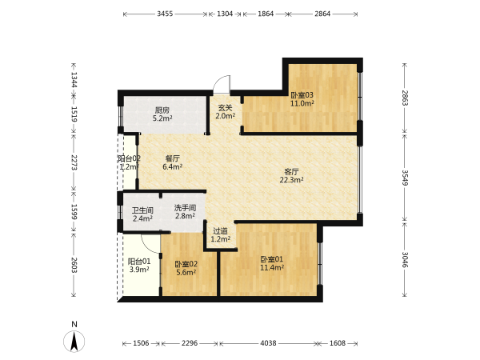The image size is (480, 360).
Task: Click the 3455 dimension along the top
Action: [165, 14]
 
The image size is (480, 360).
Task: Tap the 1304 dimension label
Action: [225, 14]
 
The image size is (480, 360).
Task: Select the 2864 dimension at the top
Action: [322, 14]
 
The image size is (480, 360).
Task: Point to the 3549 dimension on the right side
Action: [405, 178]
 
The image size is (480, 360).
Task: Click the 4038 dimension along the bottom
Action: [268, 343]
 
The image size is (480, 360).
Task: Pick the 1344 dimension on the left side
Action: [74, 79]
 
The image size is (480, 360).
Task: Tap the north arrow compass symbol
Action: [74, 341]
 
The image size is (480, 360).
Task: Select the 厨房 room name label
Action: [162, 110]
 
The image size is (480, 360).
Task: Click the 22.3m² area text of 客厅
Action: [291, 180]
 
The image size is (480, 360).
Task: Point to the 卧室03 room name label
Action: [302, 95]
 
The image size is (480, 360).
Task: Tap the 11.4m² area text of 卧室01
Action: [272, 268]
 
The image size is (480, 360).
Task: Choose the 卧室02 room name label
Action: [186, 264]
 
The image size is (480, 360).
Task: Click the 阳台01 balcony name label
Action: [139, 262]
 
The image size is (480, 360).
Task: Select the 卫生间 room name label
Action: [142, 210]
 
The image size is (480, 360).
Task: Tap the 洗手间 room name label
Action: [186, 208]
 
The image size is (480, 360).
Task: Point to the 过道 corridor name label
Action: [221, 231]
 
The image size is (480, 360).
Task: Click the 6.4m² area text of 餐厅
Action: [173, 167]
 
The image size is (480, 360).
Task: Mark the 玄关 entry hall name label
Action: [226, 108]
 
